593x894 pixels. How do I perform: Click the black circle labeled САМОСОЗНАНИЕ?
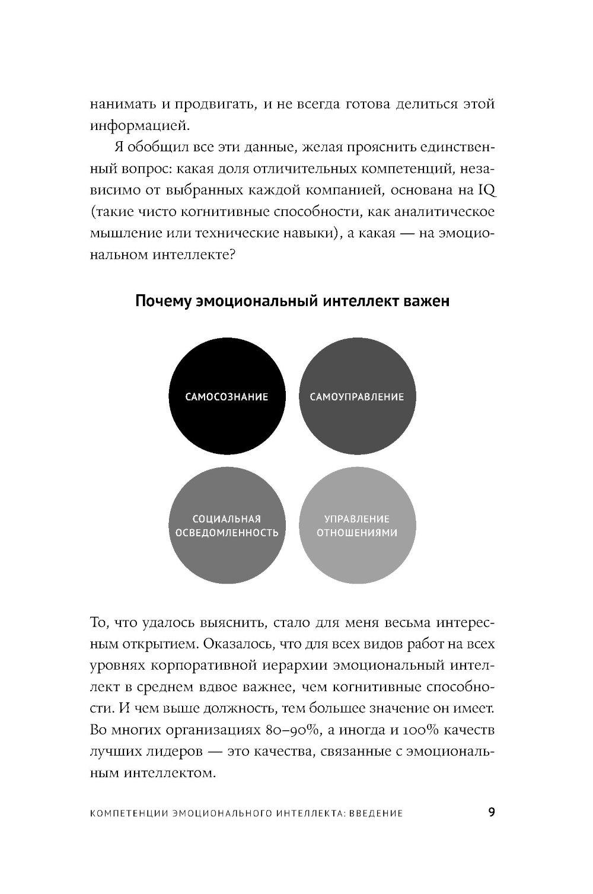tap(227, 396)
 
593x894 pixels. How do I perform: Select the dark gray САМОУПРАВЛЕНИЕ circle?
tap(356, 396)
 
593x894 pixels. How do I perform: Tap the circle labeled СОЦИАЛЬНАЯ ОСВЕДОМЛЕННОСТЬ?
tap(227, 526)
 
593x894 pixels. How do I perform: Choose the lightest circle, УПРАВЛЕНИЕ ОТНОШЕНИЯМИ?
tap(356, 526)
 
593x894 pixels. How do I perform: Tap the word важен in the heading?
tap(426, 301)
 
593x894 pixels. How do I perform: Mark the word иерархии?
tap(272, 665)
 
